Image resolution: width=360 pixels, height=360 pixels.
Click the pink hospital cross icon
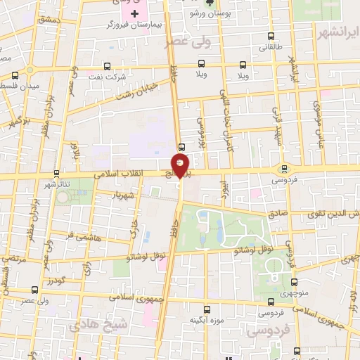point(135,13)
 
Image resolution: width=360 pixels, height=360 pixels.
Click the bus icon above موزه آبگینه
point(206,309)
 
